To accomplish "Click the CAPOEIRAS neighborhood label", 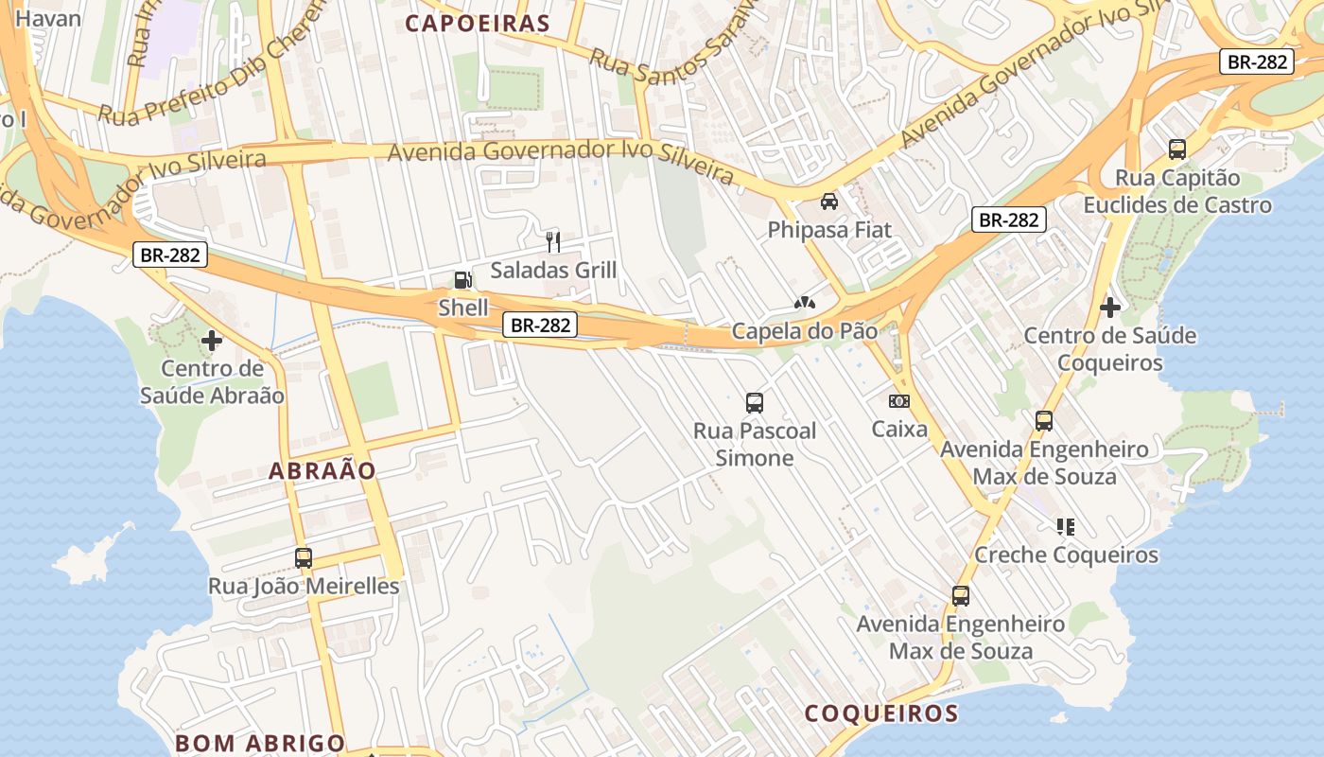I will [478, 24].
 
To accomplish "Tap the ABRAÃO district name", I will [322, 470].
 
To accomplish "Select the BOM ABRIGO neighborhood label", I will [260, 743].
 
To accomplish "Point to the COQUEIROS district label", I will [881, 713].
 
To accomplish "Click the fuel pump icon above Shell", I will [462, 280].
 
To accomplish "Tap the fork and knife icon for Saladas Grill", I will [553, 242].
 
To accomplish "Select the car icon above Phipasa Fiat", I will [828, 202].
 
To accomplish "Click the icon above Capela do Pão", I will [804, 304].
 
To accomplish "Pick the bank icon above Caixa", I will [899, 401].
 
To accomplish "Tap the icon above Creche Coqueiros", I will [1066, 527].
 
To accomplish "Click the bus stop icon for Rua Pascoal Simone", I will [754, 403].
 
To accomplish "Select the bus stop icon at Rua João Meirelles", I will [303, 558].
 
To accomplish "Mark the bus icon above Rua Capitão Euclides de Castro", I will [1176, 150].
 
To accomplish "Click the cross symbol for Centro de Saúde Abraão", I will [212, 341].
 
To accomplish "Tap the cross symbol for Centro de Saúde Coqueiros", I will [1109, 308].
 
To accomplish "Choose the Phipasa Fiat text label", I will [829, 230].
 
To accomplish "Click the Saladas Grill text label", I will [553, 271].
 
